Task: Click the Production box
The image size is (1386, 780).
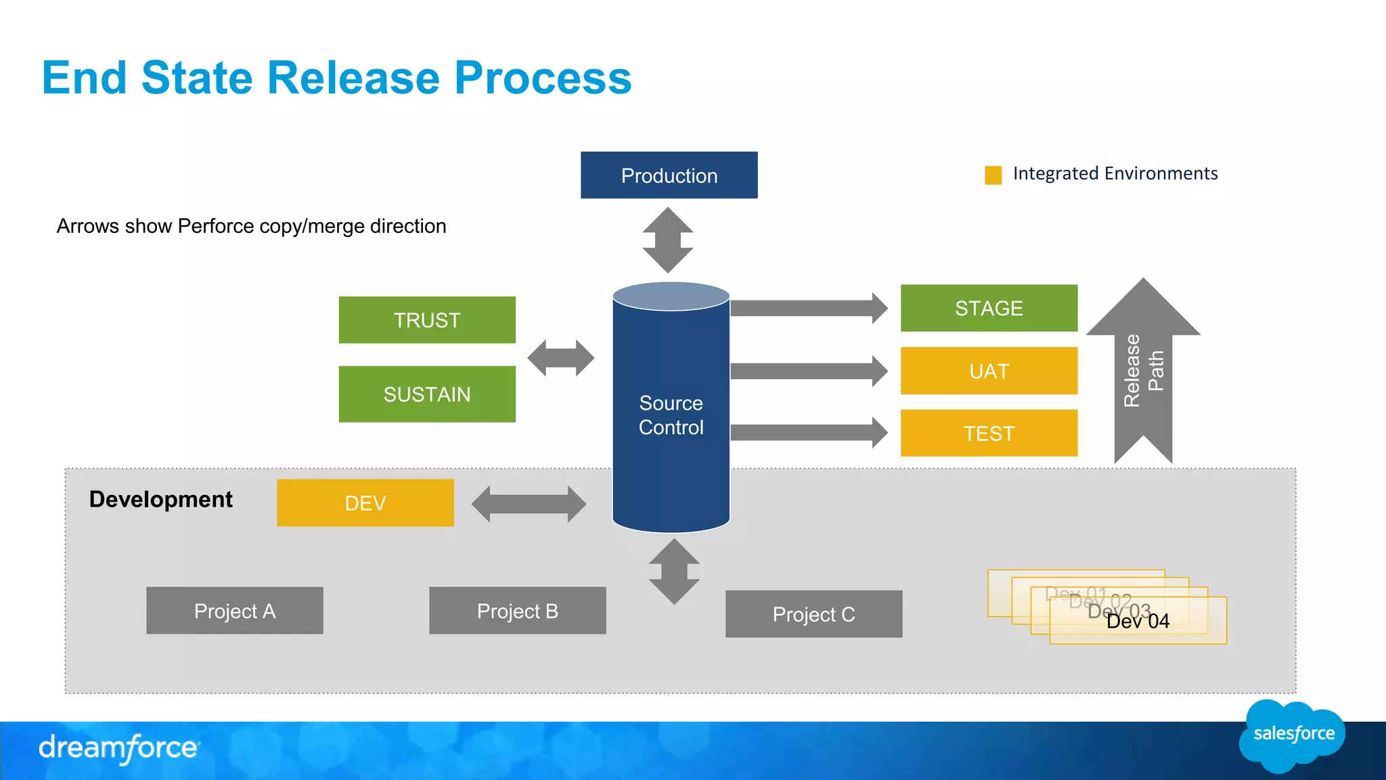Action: [x=669, y=175]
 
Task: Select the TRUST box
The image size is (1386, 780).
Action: [x=427, y=320]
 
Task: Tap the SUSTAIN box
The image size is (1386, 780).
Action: [x=427, y=394]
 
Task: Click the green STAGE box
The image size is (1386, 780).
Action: [x=989, y=308]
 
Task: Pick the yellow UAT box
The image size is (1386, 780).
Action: [x=989, y=371]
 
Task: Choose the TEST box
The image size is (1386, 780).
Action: [x=989, y=433]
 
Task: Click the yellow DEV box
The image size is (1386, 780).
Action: [x=365, y=503]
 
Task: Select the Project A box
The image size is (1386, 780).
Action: [x=235, y=611]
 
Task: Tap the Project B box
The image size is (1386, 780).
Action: [x=518, y=611]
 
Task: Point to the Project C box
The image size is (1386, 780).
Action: [x=813, y=614]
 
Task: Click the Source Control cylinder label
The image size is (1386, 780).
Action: [x=671, y=415]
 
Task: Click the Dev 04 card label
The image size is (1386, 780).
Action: [x=1138, y=622]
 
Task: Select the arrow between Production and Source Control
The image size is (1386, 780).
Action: [x=668, y=240]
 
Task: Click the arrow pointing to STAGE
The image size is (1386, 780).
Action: [x=809, y=309]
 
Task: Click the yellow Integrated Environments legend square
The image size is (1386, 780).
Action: [x=993, y=175]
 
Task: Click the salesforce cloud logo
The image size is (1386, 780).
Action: [x=1293, y=735]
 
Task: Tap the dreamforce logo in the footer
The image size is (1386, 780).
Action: [x=119, y=748]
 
